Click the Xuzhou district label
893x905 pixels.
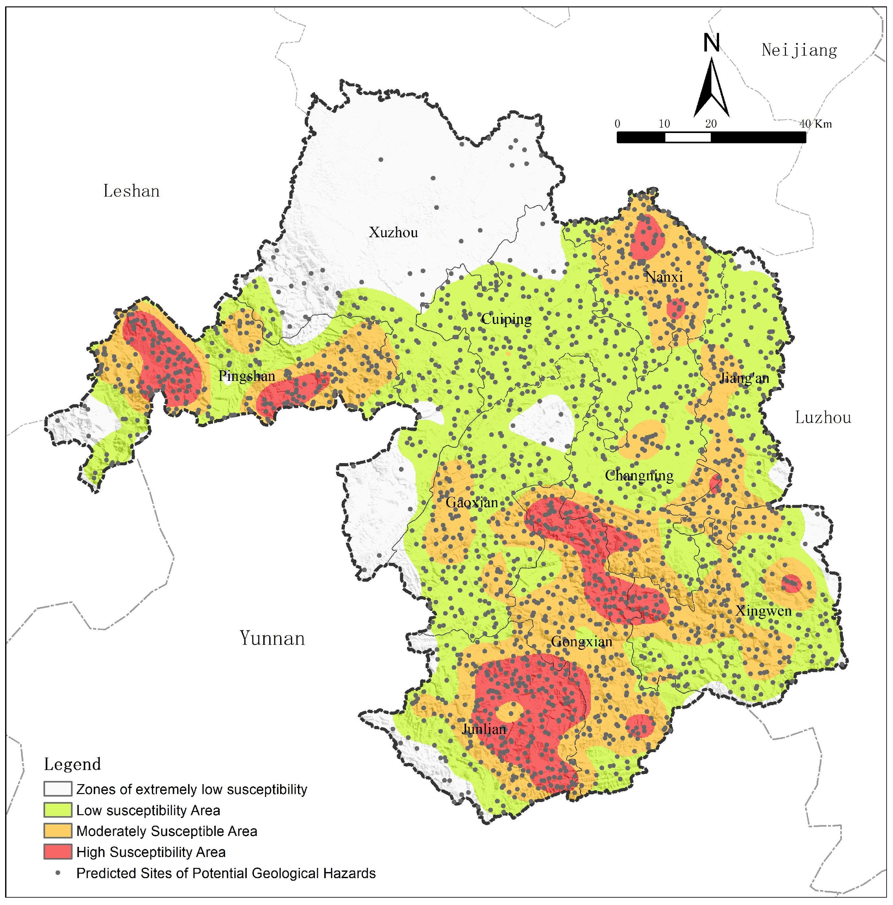pos(393,233)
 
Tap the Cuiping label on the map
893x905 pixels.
pos(506,320)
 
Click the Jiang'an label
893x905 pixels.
pos(744,378)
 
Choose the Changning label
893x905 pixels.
pos(639,476)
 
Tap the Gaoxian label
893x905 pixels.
pos(472,503)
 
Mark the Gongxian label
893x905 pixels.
pos(581,642)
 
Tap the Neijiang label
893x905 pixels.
pos(799,50)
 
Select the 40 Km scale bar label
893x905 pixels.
pos(815,124)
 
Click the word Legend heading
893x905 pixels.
pos(73,764)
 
